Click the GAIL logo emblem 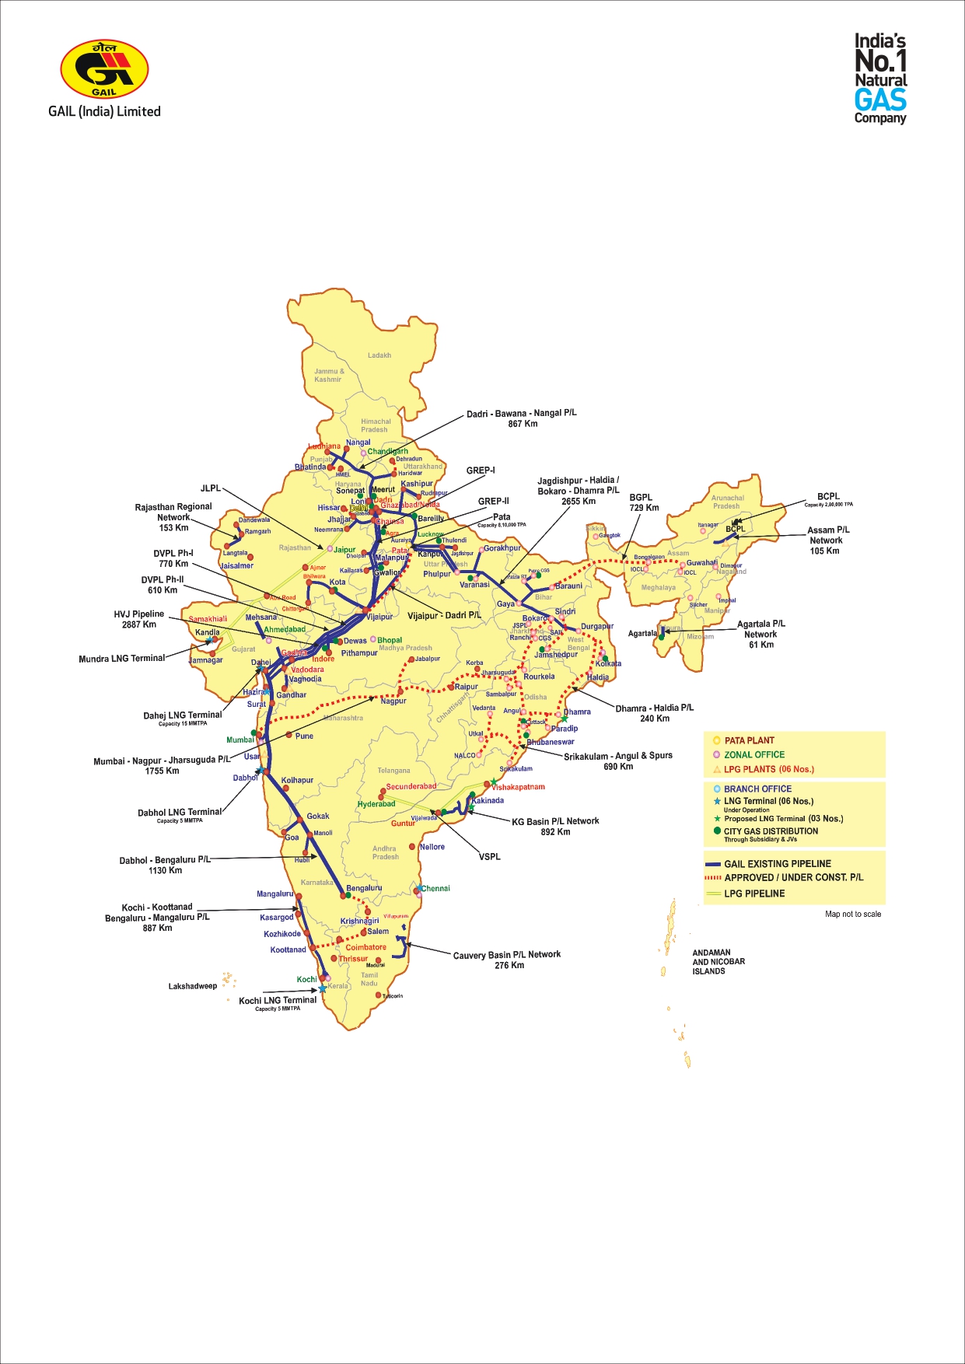tap(104, 69)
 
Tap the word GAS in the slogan tap(880, 100)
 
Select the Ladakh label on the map tap(379, 355)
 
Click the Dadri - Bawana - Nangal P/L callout tap(522, 418)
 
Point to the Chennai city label tap(435, 888)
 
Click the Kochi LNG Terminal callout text tap(278, 1001)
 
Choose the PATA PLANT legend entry tap(749, 740)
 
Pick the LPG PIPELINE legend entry tap(753, 894)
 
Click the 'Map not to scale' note tap(853, 914)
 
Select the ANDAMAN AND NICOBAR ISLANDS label tap(719, 962)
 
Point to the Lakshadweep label tap(193, 986)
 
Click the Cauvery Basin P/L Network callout tap(507, 960)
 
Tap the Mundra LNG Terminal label tap(122, 659)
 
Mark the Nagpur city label tap(393, 701)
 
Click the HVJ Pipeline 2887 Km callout tap(139, 619)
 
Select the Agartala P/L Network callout tap(760, 634)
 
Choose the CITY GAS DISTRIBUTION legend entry tap(771, 831)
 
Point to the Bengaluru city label tap(364, 888)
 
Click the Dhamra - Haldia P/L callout tap(654, 713)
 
